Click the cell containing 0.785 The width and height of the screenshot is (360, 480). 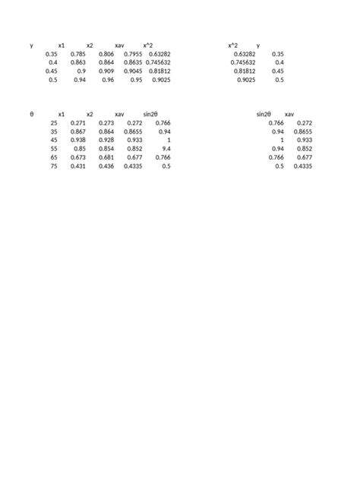coord(77,54)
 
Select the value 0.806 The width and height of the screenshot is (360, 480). coord(106,54)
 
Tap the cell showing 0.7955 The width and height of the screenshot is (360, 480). coord(133,54)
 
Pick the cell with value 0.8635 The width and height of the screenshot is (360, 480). coord(133,62)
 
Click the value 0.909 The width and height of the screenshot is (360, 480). coord(106,71)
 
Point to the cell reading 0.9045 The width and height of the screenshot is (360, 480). coord(133,71)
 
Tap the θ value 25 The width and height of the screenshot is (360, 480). coord(53,122)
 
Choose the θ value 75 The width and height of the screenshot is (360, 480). coord(53,166)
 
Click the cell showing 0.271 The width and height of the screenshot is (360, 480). coord(77,122)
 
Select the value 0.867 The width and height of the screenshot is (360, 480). coord(77,131)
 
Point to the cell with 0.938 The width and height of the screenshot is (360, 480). coord(77,140)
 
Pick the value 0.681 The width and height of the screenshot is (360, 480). coord(106,157)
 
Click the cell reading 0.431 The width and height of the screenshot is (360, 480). coord(77,166)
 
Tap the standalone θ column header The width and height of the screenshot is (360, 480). coord(31,114)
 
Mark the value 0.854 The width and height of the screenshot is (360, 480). coord(106,149)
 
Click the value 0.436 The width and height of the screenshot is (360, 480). coord(106,166)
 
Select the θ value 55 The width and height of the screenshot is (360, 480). coord(53,149)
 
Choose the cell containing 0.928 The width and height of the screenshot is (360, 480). coord(106,140)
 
